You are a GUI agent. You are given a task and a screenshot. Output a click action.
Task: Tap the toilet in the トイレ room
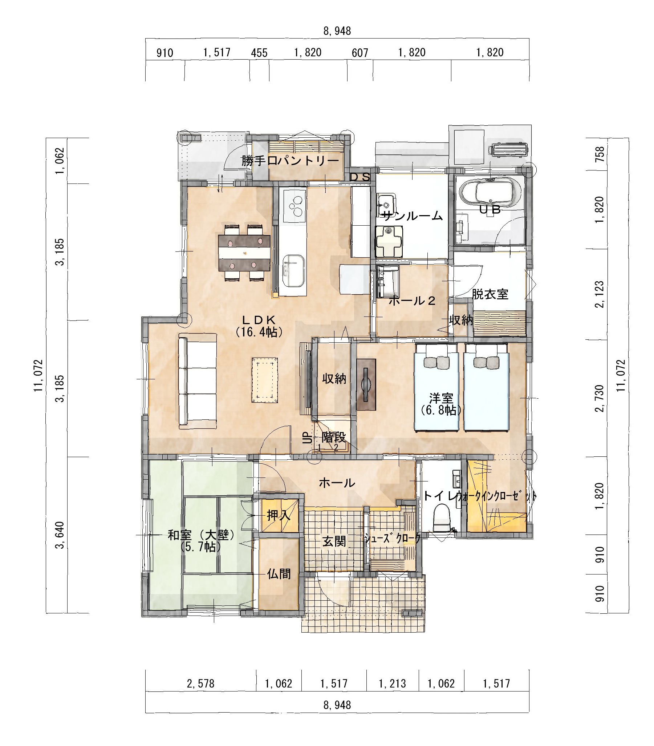pyautogui.click(x=442, y=518)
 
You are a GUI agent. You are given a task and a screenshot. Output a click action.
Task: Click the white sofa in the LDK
pyautogui.click(x=197, y=381)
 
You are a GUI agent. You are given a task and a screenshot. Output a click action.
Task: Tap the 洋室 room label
pyautogui.click(x=441, y=398)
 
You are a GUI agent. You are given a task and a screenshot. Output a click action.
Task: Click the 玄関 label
pyautogui.click(x=334, y=541)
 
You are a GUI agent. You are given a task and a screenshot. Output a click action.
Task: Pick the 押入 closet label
pyautogui.click(x=279, y=515)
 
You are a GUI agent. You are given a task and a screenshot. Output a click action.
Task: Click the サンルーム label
pyautogui.click(x=411, y=216)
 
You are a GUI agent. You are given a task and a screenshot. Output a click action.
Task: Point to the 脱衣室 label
pyautogui.click(x=490, y=294)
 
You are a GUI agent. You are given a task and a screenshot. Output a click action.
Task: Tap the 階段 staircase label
pyautogui.click(x=333, y=437)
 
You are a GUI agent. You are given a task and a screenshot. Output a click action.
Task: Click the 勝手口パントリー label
pyautogui.click(x=291, y=161)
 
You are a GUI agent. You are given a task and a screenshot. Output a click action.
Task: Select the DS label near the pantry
pyautogui.click(x=360, y=177)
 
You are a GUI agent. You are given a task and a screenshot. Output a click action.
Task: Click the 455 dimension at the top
pyautogui.click(x=259, y=53)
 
